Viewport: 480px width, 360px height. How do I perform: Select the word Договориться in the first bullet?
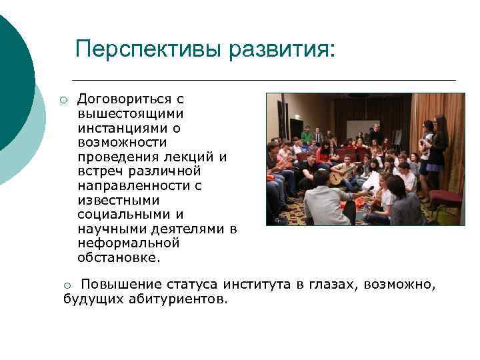coord(121,99)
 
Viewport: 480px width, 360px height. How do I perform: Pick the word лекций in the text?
coord(193,157)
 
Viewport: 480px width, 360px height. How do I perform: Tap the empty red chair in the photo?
coord(445,199)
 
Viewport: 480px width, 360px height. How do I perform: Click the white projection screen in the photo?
coord(363,129)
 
